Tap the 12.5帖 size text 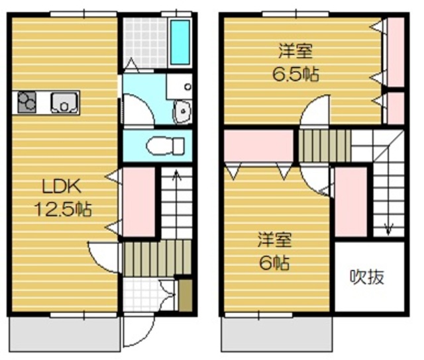coord(63,210)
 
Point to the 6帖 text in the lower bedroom coord(273,262)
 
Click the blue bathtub coord(180,42)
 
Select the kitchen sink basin coord(64,103)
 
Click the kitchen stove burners coord(27,103)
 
